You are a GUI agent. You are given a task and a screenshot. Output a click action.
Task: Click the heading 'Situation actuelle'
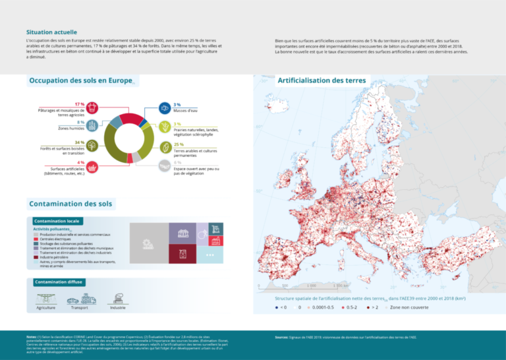[51, 32]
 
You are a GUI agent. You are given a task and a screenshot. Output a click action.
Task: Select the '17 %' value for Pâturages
[80, 104]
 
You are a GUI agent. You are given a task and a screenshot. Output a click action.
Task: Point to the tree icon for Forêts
[93, 145]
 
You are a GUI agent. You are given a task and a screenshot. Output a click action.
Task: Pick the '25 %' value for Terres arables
[179, 143]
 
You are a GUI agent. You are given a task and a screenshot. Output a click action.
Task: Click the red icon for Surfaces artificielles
[93, 165]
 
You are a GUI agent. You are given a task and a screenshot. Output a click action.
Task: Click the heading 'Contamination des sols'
[70, 203]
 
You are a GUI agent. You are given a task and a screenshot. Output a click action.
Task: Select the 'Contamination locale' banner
[57, 220]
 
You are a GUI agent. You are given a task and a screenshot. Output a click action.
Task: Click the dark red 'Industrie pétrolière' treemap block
[183, 254]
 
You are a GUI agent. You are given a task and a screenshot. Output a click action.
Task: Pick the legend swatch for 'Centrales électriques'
[36, 239]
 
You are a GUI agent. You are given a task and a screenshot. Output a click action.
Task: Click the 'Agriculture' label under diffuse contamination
[46, 308]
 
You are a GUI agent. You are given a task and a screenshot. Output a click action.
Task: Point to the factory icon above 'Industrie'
[117, 299]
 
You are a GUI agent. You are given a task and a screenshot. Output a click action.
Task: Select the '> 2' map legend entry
[374, 307]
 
